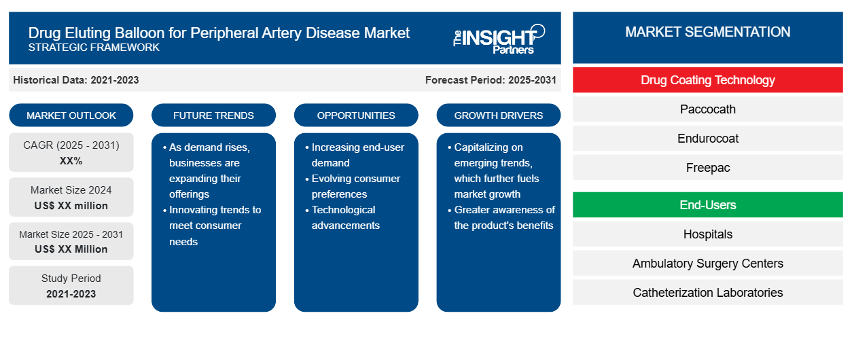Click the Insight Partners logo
(x=499, y=39)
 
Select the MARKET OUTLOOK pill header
(x=71, y=115)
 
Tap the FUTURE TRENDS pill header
(x=213, y=115)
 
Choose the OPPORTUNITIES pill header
(x=356, y=115)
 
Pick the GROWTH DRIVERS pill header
(x=498, y=115)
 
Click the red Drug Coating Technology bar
(x=707, y=80)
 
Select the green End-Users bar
(x=707, y=205)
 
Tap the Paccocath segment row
(x=707, y=109)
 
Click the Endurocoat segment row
(x=707, y=139)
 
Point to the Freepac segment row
(x=707, y=168)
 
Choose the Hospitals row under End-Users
(x=707, y=234)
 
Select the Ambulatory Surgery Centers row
(x=707, y=264)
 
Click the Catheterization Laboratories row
(x=707, y=293)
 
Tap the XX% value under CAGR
(x=71, y=161)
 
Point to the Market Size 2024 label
(x=71, y=190)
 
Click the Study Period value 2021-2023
(x=71, y=294)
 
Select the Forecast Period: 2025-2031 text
(x=491, y=80)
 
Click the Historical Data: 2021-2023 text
(x=76, y=80)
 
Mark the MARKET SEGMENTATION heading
(x=707, y=32)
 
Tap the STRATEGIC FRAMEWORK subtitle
(x=94, y=48)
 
